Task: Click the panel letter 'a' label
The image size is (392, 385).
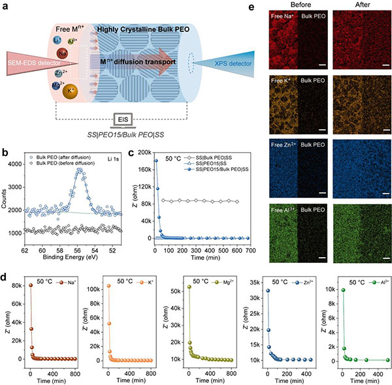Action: point(5,6)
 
